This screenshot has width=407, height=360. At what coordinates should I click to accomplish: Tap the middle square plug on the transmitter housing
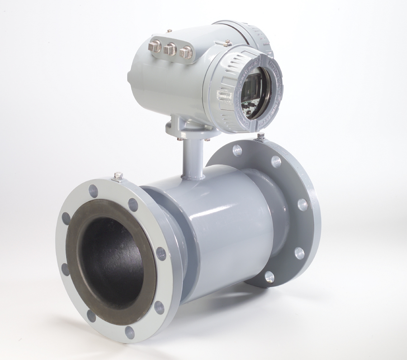(170, 49)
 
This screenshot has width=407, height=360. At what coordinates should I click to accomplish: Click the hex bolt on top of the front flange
(118, 176)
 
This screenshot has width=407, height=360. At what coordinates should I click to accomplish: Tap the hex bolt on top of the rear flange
(261, 136)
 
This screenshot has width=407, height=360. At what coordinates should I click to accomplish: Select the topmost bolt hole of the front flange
(93, 191)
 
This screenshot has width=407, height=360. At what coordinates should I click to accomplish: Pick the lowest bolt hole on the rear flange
(269, 276)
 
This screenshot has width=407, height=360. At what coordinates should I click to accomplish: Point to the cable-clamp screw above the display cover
(228, 43)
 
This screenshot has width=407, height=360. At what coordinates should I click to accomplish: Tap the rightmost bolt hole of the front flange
(161, 254)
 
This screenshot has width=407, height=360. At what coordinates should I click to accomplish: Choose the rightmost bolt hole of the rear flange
(303, 205)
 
